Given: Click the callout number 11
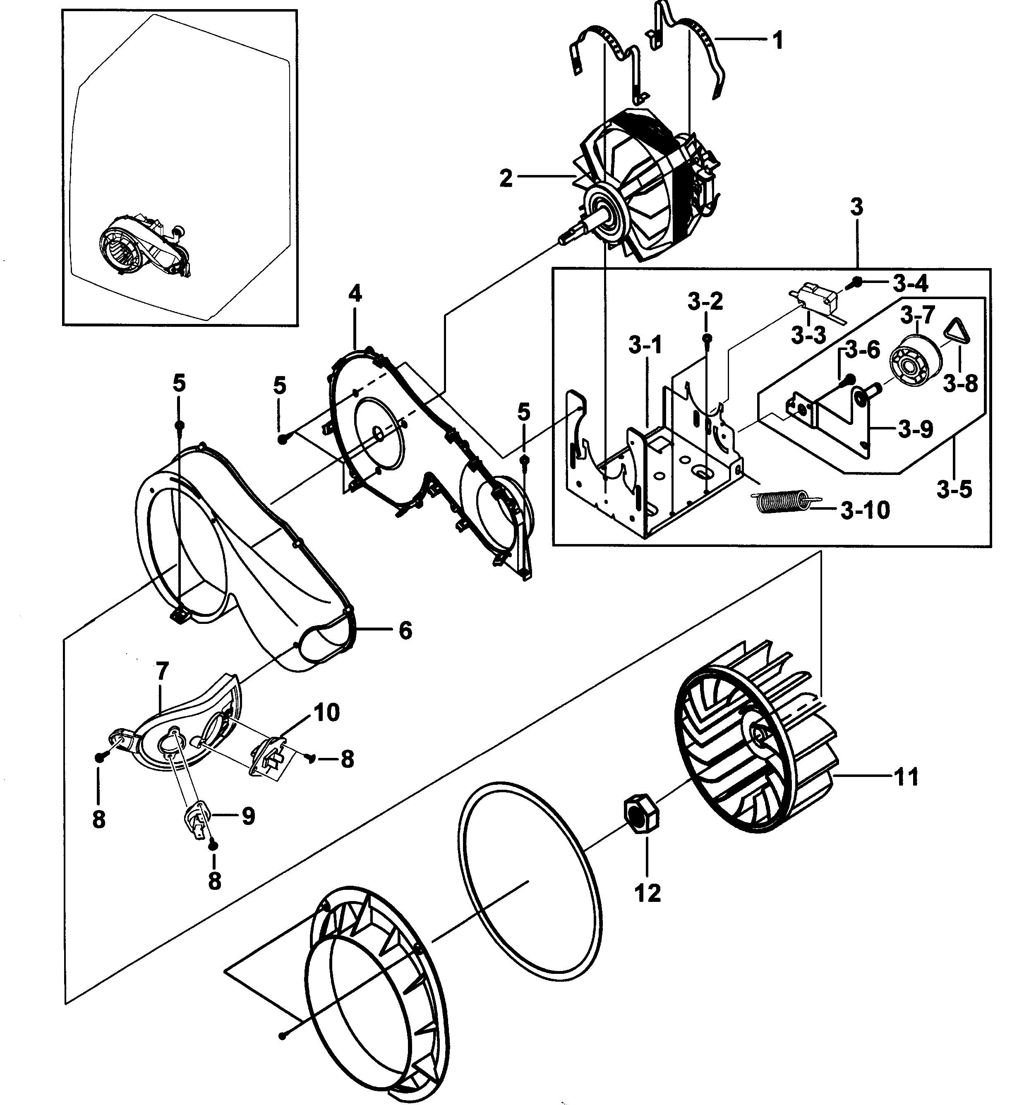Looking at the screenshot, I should coord(906,777).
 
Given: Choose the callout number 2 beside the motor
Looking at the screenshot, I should coord(506,179).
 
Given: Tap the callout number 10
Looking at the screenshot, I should coord(326,712).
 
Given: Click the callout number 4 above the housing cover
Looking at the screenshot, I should coord(355,293).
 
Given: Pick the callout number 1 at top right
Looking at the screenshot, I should coord(777,40).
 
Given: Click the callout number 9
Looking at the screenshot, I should coord(248,816).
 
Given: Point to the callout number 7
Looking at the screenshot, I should coord(162,671).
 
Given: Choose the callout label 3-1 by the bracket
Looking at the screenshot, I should coord(645,345).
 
